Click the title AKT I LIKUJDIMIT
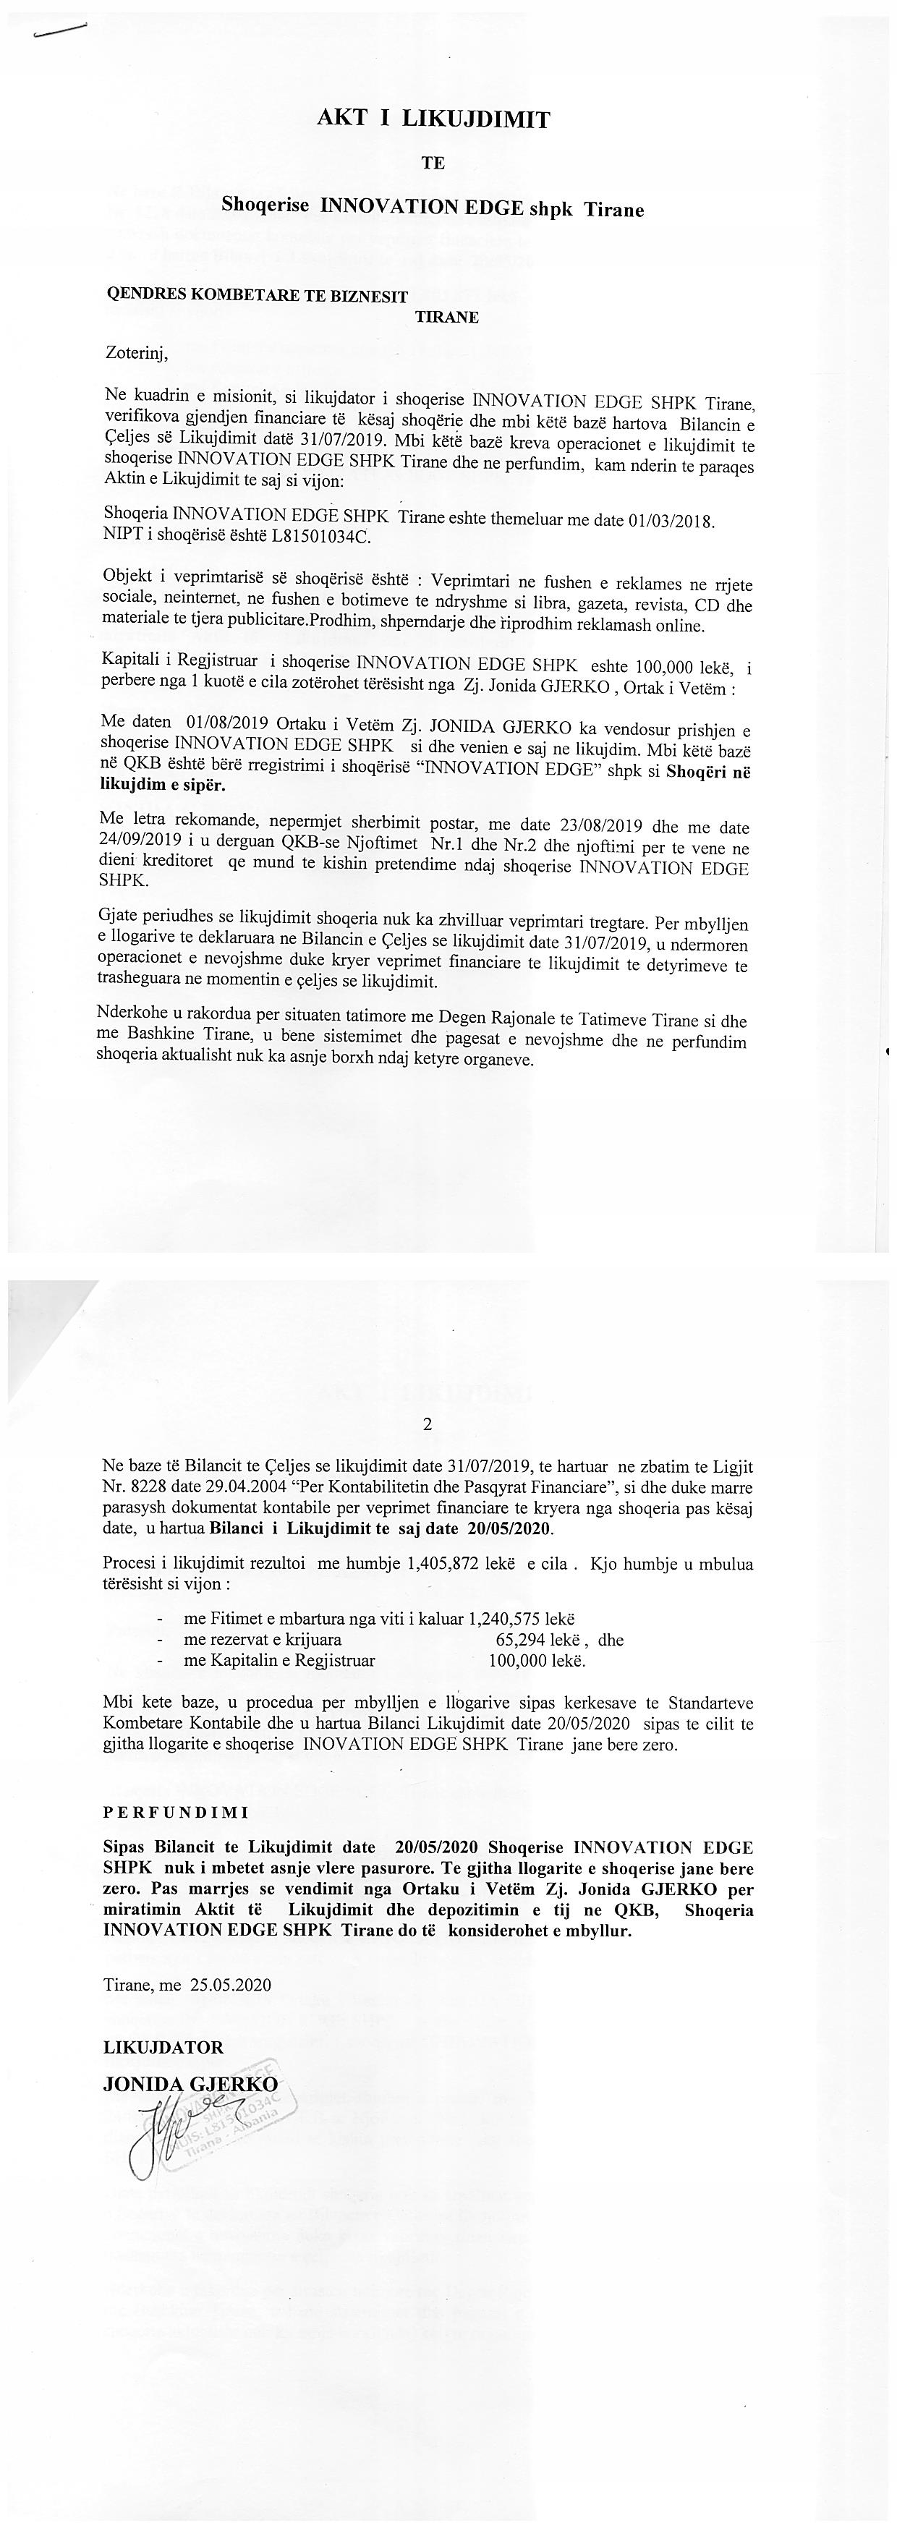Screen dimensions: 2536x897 pyautogui.click(x=433, y=120)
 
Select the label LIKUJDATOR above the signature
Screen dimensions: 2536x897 pyautogui.click(x=163, y=2047)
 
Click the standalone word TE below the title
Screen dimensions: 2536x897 pyautogui.click(x=433, y=163)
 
